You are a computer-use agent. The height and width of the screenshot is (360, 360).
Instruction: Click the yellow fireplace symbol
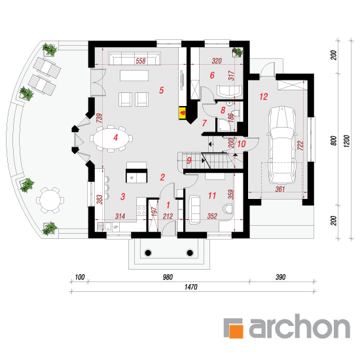[x=183, y=113]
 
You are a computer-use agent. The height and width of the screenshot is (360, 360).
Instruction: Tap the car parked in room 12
[x=281, y=145]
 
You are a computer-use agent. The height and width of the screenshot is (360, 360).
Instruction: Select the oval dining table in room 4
[x=111, y=138]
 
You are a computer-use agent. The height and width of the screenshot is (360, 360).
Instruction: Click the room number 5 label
[x=162, y=90]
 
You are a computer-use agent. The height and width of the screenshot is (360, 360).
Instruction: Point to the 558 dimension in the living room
[x=141, y=61]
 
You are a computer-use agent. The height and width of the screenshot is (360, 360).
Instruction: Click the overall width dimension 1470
[x=191, y=287]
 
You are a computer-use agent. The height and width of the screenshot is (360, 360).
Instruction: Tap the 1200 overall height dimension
[x=347, y=141]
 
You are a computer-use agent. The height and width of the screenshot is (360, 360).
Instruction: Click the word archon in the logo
[x=300, y=326]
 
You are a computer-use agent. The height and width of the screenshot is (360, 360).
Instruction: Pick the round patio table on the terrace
[x=50, y=200]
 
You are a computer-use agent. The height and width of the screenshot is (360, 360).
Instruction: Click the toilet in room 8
[x=236, y=113]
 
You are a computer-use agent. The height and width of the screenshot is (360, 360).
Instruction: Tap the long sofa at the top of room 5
[x=134, y=58]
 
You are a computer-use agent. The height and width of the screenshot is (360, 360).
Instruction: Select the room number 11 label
[x=211, y=196]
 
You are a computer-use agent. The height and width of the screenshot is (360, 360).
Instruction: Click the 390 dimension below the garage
[x=280, y=277]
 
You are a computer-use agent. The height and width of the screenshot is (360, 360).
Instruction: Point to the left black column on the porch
[x=148, y=253]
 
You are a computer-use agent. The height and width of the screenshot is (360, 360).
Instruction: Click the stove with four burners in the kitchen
[x=141, y=211]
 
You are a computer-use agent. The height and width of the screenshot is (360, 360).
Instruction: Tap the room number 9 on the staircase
[x=189, y=160]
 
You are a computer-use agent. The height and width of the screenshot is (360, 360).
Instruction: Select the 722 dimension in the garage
[x=300, y=145]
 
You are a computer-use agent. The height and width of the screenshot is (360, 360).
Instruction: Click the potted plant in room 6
[x=238, y=52]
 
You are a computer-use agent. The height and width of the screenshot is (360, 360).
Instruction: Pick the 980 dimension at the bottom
[x=168, y=277]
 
